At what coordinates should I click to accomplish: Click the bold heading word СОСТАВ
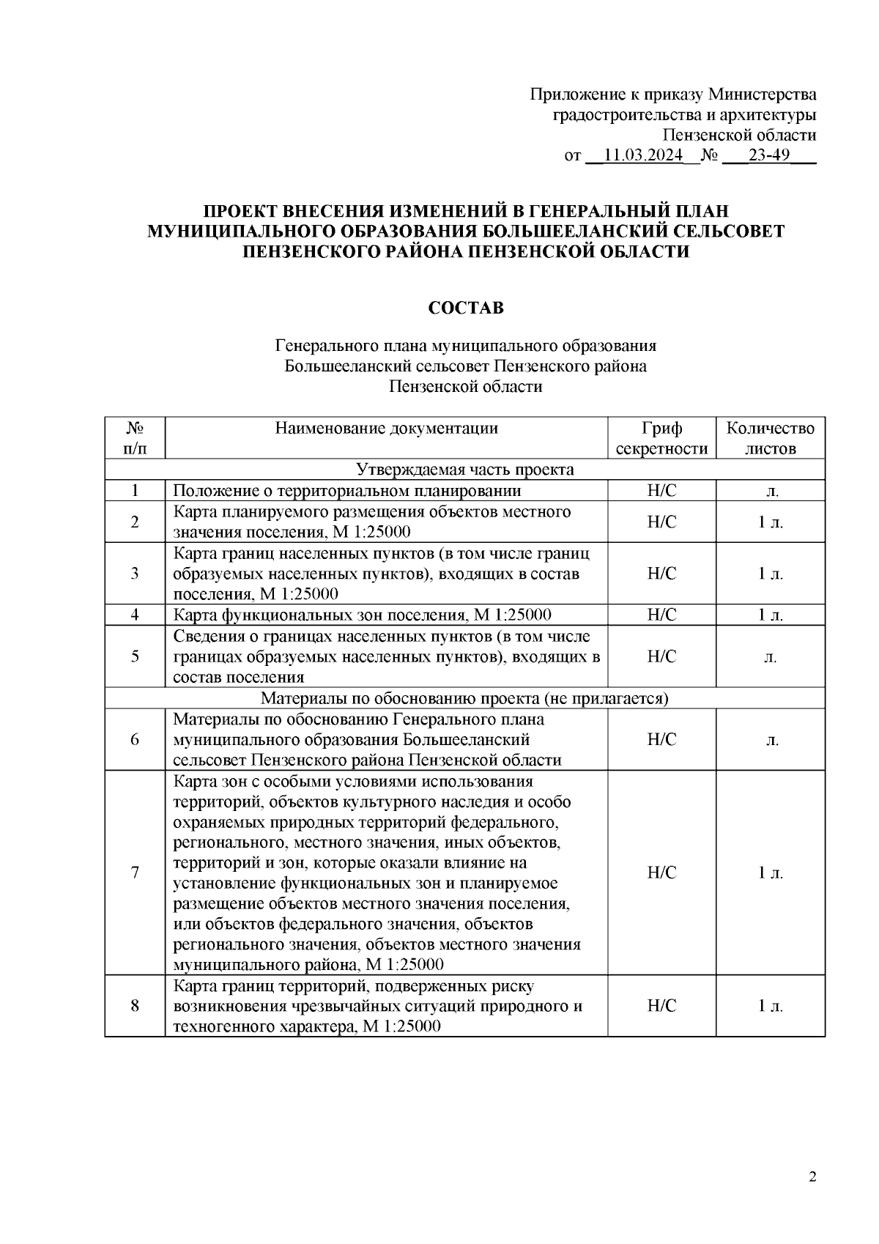click(466, 308)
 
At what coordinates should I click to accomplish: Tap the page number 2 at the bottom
click(812, 1178)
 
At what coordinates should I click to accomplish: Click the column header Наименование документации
click(386, 429)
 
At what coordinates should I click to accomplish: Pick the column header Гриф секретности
click(661, 438)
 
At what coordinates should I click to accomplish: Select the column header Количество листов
click(770, 438)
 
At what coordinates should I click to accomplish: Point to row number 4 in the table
click(135, 615)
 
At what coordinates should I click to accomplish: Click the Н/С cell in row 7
click(661, 873)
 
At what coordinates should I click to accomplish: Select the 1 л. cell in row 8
click(770, 1006)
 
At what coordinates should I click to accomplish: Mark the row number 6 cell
click(135, 739)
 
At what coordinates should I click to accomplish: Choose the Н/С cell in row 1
click(661, 491)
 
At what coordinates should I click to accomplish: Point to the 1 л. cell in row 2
click(770, 522)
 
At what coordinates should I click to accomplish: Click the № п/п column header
click(135, 438)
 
